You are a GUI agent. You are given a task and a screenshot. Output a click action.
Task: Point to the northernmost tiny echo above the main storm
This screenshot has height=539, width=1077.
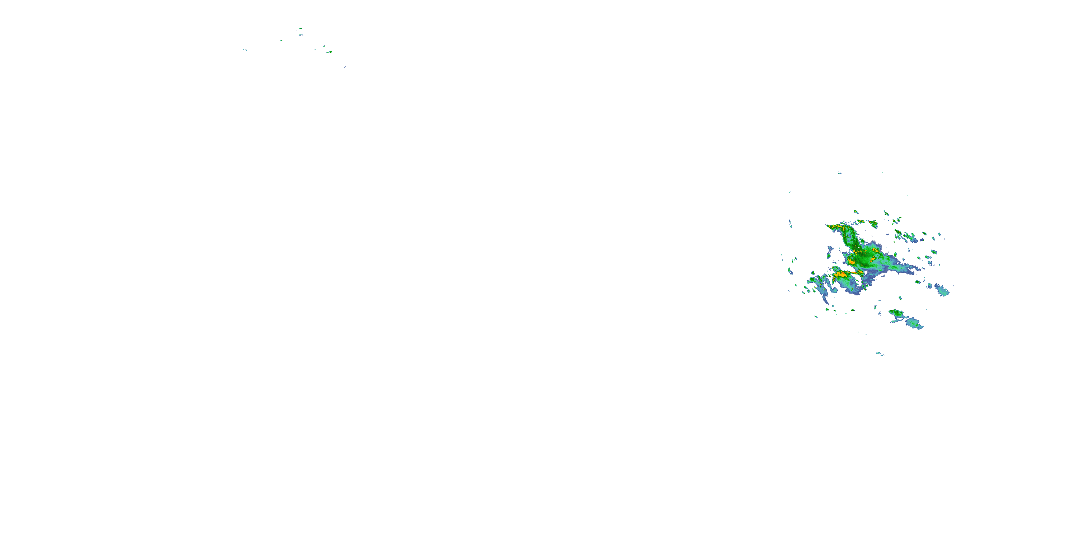(839, 172)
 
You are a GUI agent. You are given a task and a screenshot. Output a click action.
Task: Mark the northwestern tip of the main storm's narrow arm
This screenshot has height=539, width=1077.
(828, 226)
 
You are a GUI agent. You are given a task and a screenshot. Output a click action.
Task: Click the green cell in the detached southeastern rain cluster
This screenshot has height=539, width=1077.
(895, 312)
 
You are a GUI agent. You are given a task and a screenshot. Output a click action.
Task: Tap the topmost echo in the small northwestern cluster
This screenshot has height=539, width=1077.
(300, 28)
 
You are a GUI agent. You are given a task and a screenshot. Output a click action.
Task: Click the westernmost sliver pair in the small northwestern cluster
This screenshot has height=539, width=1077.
(245, 50)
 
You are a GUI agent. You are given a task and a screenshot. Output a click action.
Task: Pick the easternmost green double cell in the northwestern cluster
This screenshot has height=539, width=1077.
(330, 52)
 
